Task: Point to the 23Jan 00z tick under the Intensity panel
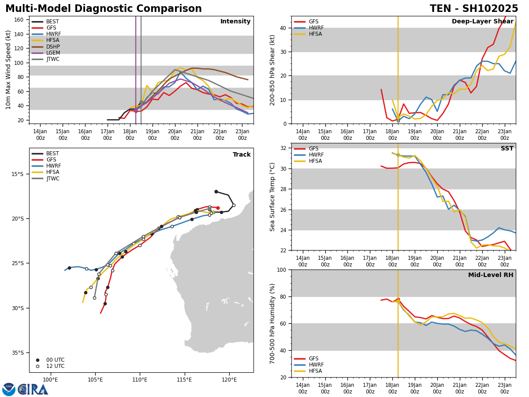click(x=242, y=135)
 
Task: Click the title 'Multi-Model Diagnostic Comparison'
click(x=104, y=9)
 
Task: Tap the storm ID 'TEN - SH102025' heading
click(x=474, y=9)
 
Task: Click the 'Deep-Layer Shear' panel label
click(x=482, y=22)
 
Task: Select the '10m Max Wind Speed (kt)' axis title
click(x=8, y=70)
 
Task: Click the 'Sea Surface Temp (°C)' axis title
click(x=273, y=197)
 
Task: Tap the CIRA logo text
click(x=33, y=390)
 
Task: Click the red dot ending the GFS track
click(x=218, y=208)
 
